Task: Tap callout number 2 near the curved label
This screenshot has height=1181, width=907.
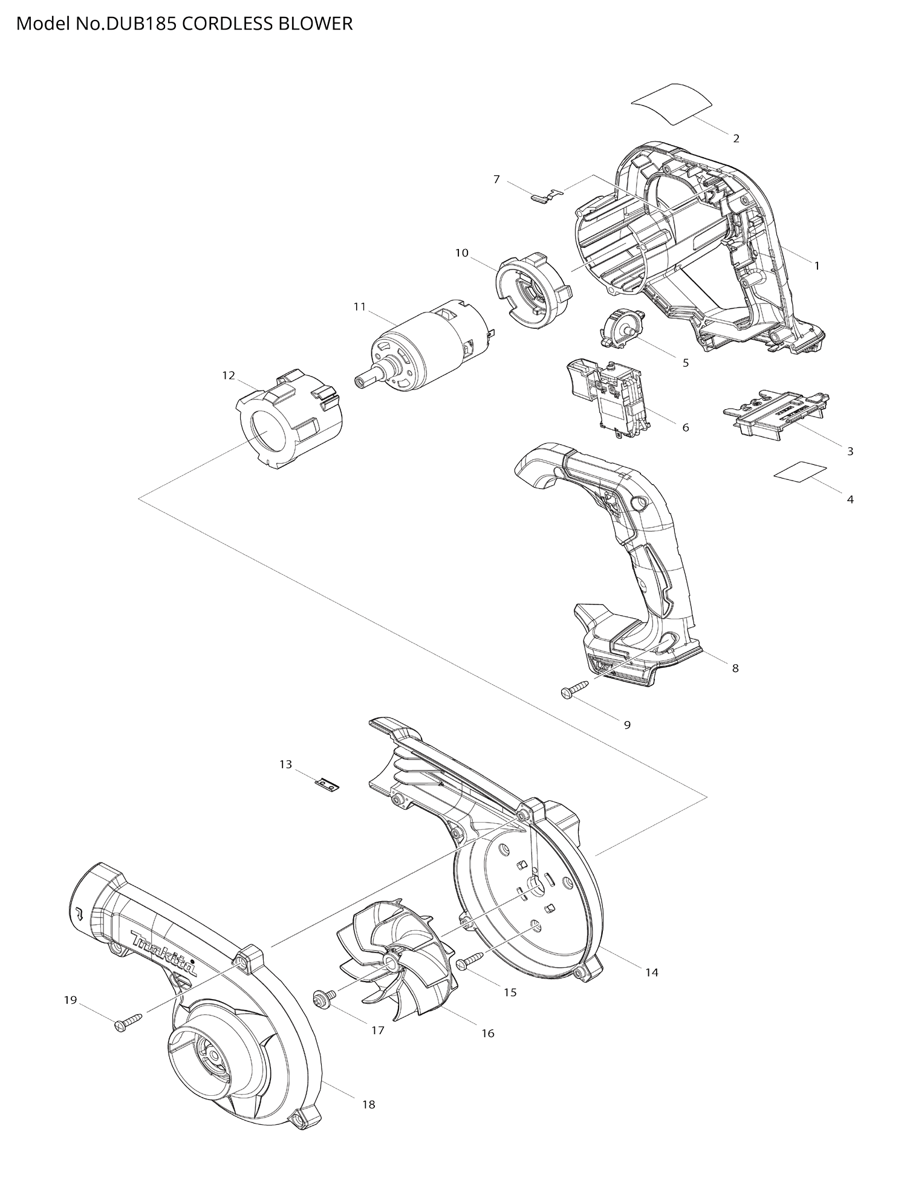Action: [736, 138]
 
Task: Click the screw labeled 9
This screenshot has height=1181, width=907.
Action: [575, 690]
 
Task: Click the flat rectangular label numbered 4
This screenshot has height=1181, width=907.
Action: [801, 471]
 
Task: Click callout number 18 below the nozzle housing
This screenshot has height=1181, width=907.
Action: [368, 1104]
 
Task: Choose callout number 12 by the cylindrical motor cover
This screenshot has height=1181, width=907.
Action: [228, 375]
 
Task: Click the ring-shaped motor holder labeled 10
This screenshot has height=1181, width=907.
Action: [532, 290]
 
